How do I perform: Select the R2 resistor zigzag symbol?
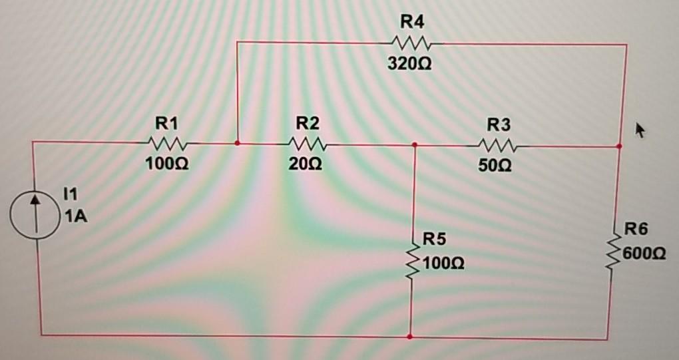(306, 144)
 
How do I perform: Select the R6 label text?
(636, 231)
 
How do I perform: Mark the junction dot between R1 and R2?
(238, 142)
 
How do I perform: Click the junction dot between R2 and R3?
(415, 144)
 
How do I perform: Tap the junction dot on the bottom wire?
(409, 337)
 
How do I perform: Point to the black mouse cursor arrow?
(640, 129)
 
